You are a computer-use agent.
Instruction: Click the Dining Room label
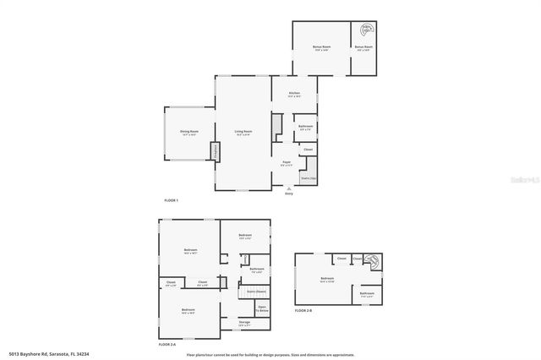click(x=189, y=132)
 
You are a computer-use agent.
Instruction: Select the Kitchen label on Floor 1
click(x=294, y=94)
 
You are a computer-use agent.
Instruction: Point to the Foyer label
click(x=287, y=163)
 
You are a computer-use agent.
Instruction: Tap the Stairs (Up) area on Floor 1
click(x=308, y=178)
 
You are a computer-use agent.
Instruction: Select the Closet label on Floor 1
click(x=308, y=150)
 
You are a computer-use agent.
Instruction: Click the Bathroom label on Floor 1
click(x=305, y=127)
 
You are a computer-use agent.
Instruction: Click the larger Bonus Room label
click(x=320, y=47)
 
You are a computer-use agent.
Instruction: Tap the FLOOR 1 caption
click(x=172, y=200)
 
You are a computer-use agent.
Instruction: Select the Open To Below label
click(x=262, y=308)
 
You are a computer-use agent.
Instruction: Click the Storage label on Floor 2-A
click(x=244, y=323)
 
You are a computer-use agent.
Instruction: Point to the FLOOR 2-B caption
click(x=303, y=311)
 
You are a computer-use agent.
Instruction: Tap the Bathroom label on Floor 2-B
click(x=368, y=294)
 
